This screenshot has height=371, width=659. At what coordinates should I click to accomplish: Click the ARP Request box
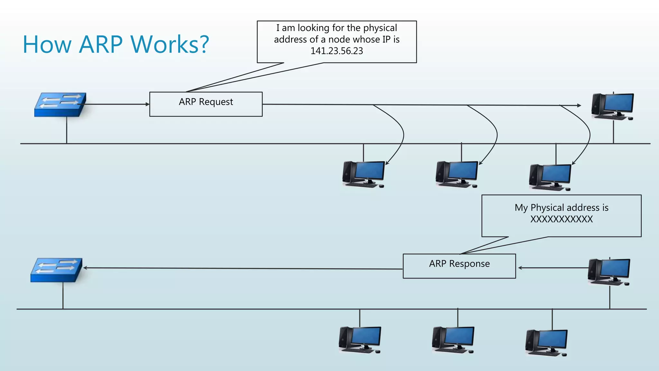[x=206, y=104]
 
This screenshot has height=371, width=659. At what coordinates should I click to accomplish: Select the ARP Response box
[x=459, y=266]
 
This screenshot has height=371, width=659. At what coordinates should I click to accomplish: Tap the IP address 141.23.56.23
[x=337, y=51]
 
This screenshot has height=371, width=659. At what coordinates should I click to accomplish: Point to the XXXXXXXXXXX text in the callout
[x=561, y=219]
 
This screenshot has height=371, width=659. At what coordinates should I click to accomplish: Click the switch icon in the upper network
[x=60, y=105]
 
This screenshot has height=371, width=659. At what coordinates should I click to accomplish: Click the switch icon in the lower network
[x=56, y=270]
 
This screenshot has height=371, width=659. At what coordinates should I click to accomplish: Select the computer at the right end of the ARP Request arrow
[x=612, y=107]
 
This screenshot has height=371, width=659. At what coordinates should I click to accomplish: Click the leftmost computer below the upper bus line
[x=364, y=174]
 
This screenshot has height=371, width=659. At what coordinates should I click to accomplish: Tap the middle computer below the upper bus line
[x=457, y=174]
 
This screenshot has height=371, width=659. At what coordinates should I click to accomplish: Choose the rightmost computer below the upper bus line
[x=550, y=177]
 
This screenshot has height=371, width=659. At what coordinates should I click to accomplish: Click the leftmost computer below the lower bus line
[x=360, y=340]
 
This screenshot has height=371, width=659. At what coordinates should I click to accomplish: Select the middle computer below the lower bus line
[x=453, y=340]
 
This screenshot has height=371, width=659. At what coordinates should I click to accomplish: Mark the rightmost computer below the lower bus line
[x=546, y=343]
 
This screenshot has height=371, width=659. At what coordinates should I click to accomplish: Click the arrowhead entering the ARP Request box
[x=147, y=104]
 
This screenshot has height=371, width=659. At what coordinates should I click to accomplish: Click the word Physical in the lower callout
[x=546, y=208]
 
